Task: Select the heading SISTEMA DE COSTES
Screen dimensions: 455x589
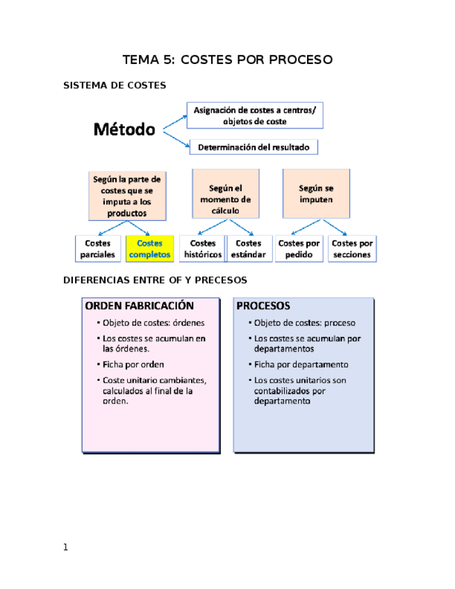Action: tap(115, 85)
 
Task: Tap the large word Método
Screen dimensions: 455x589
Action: tap(124, 129)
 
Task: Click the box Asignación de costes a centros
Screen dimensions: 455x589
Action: tap(255, 115)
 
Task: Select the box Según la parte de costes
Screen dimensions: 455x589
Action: tap(127, 196)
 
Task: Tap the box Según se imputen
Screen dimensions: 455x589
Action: tap(315, 194)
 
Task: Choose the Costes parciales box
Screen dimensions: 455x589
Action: tap(97, 249)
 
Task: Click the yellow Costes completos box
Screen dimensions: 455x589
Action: tap(149, 249)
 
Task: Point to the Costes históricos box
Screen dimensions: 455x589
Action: tap(202, 249)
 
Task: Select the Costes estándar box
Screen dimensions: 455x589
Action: tap(248, 249)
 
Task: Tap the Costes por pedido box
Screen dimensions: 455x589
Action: tap(299, 249)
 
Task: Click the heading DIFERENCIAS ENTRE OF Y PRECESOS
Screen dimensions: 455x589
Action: tap(155, 281)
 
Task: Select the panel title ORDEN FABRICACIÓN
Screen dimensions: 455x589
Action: tap(139, 306)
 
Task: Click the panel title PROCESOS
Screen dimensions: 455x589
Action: tap(263, 306)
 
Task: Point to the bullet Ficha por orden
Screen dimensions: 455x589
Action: tap(133, 364)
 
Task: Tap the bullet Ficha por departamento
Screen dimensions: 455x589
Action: tap(301, 365)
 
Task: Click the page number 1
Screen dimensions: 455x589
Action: tap(65, 547)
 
